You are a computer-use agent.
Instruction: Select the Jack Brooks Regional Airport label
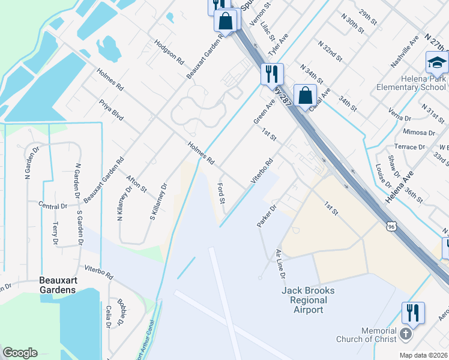(308, 300)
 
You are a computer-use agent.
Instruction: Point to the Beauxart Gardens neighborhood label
(58, 285)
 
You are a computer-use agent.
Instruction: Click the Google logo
(20, 353)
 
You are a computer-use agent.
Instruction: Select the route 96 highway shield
(391, 227)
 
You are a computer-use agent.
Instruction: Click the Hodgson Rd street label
(169, 52)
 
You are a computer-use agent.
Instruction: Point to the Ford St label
(220, 193)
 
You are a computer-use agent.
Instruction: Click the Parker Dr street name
(266, 216)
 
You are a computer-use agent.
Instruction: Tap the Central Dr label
(53, 206)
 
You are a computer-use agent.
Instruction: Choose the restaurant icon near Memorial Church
(413, 313)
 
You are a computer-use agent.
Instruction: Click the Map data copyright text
(424, 355)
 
